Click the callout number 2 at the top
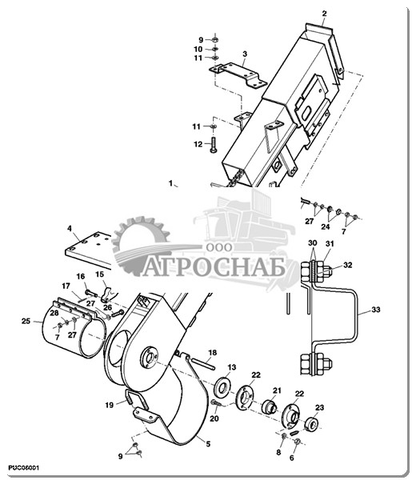(x=325, y=14)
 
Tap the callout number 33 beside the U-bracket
(x=375, y=310)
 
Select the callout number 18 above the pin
(x=213, y=353)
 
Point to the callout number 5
(x=208, y=444)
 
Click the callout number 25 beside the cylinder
(x=26, y=321)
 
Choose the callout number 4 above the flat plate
(x=70, y=229)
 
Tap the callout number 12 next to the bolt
(x=198, y=144)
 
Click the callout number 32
(x=348, y=265)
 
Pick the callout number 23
(x=319, y=407)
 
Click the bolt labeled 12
(x=214, y=144)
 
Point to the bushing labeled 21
(x=270, y=406)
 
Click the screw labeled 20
(x=218, y=403)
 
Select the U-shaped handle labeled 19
(x=137, y=400)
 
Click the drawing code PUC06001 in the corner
(x=23, y=468)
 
